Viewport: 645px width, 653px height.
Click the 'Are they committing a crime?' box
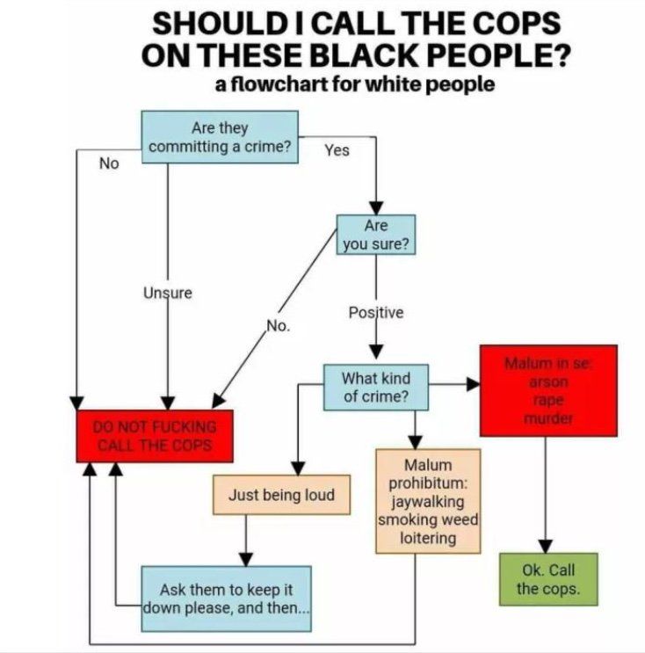point(220,136)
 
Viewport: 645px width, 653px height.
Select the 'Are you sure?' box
point(376,235)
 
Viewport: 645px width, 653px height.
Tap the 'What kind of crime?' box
point(376,388)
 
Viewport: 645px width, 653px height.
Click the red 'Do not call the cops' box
point(155,436)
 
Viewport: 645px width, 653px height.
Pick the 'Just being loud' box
point(281,495)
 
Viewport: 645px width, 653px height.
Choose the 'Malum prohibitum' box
point(428,501)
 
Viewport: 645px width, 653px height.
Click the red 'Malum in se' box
point(548,390)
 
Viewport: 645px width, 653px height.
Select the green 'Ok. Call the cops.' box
point(548,579)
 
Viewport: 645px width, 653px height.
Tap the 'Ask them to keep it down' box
point(226,599)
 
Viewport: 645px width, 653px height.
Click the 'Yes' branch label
point(337,150)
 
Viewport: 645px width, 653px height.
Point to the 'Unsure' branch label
point(168,293)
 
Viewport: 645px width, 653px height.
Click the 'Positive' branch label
point(376,312)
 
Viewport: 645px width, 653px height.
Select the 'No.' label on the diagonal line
point(279,325)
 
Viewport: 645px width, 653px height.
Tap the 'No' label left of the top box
point(109,163)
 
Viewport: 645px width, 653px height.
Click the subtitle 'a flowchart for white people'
point(355,84)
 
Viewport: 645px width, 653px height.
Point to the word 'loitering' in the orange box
point(428,538)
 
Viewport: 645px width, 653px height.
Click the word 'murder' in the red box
point(548,418)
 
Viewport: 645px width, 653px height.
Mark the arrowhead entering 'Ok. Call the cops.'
point(546,547)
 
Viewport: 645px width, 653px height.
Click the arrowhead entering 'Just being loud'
point(298,468)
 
